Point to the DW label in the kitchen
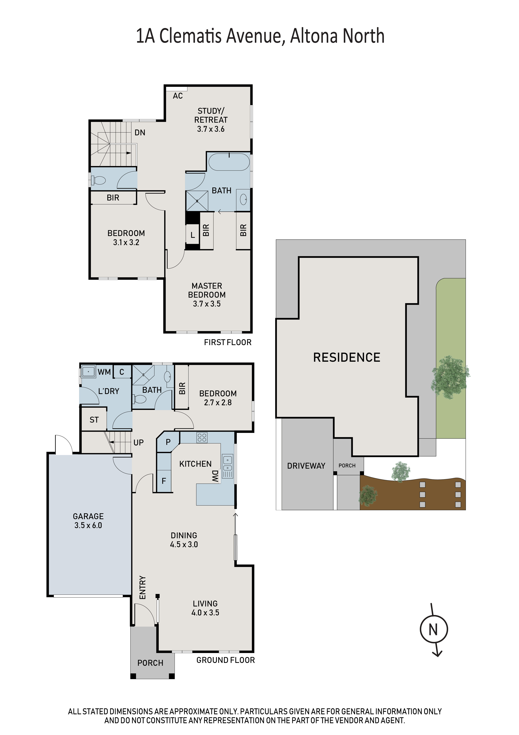pos(215,476)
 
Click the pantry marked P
pos(168,442)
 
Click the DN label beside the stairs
pos(140,132)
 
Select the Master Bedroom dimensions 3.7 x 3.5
pos(207,304)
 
